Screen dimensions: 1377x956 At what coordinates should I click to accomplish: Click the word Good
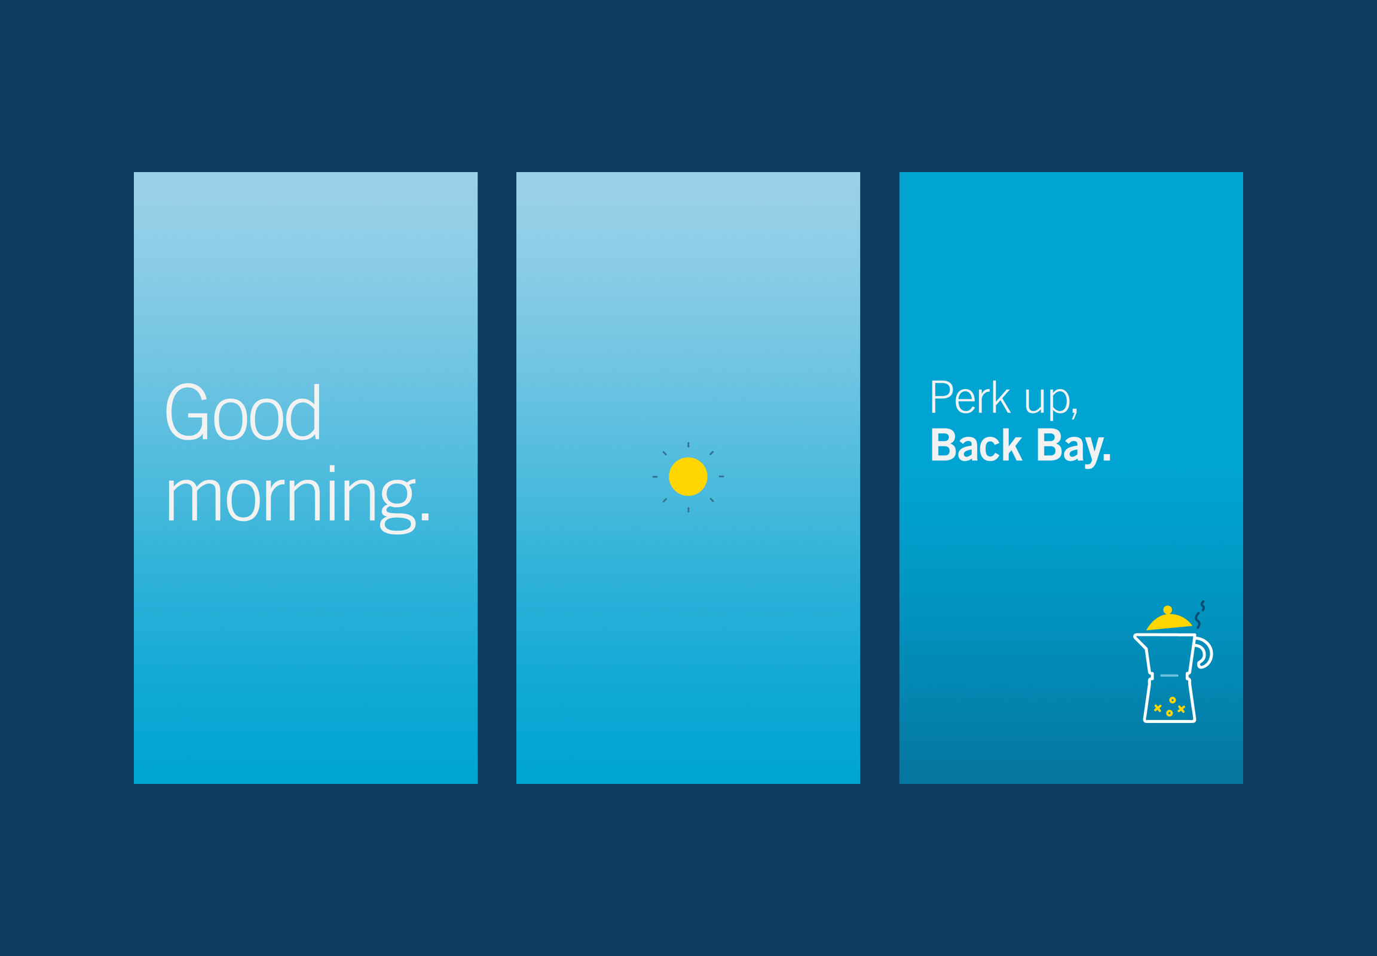243,412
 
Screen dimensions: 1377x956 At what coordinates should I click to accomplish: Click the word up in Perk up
1047,401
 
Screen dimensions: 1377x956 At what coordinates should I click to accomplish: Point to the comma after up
1075,413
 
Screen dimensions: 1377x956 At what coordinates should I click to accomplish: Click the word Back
976,445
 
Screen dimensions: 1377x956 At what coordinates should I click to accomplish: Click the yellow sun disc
688,477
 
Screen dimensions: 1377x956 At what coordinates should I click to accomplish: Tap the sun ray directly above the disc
688,445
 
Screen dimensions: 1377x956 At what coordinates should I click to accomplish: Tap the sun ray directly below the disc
688,510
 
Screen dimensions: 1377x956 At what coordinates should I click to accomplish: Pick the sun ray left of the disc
655,477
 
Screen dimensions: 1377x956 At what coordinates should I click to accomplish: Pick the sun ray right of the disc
721,477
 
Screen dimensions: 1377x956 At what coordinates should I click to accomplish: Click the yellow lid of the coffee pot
1168,622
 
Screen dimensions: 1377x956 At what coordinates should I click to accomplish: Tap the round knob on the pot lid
1167,610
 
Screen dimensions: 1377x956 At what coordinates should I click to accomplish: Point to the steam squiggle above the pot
1199,615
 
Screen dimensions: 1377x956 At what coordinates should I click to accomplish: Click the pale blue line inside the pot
1169,676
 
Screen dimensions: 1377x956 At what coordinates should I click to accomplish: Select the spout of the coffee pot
1140,642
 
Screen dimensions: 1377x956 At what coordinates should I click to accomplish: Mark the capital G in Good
187,412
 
